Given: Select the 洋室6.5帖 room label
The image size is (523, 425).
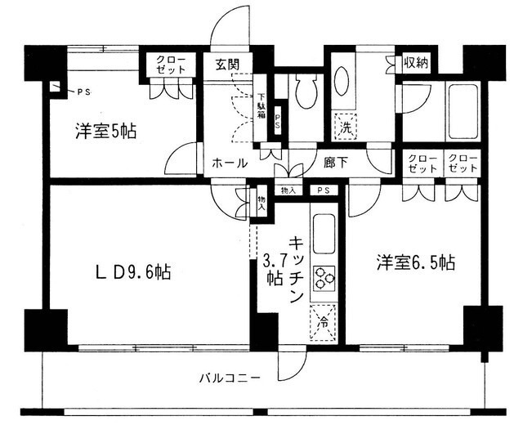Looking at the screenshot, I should click(416, 263).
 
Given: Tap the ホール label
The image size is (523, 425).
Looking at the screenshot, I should click(230, 163).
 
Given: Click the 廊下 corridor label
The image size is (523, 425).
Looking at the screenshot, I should click(335, 163).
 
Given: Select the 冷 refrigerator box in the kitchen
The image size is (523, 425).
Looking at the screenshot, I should click(323, 322).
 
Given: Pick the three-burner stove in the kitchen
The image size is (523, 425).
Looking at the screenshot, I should click(324, 279).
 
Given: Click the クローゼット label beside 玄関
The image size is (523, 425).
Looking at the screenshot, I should click(171, 65).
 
